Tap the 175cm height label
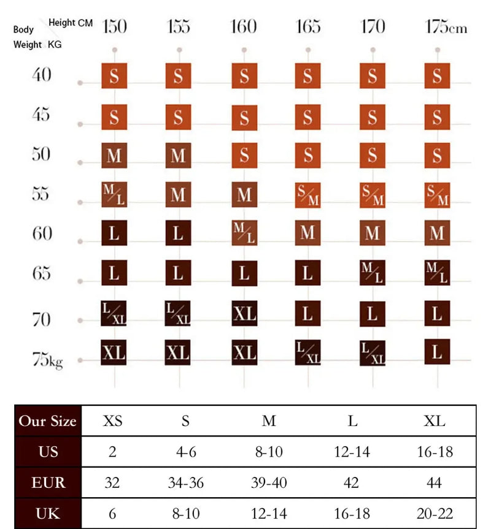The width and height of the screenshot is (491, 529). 446,27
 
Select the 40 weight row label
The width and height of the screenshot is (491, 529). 42,75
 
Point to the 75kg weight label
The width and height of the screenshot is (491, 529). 47,360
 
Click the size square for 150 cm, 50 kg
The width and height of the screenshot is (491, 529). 114,156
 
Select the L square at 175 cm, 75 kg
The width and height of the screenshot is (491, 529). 437,352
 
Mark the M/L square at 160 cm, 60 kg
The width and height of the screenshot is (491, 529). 244,234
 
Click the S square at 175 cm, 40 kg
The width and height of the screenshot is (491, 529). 437,76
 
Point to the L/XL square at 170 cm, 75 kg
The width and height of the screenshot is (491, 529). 373,353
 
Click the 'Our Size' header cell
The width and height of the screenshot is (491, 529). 48,421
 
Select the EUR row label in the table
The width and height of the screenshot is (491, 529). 48,482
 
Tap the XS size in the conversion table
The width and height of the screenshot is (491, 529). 112,421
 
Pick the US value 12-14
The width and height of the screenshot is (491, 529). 352,452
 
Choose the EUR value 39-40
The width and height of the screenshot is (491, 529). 269,482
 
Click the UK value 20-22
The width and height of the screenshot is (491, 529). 435,514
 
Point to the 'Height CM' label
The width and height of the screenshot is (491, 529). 71,23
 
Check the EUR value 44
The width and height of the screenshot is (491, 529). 435,482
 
